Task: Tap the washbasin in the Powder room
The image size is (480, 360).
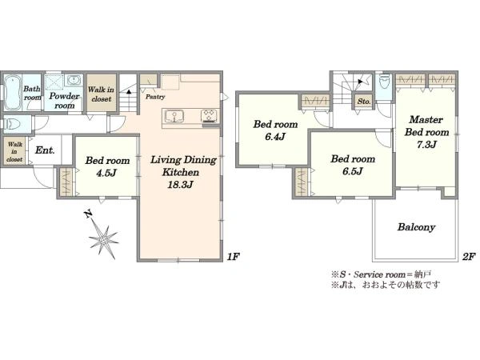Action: [x=74, y=81]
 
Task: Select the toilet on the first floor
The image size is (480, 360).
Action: [x=11, y=124]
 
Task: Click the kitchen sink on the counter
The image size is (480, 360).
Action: [x=174, y=117]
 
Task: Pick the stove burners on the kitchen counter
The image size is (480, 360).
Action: [x=210, y=116]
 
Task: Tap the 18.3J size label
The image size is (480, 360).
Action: [x=180, y=185]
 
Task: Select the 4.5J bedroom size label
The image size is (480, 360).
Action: [x=106, y=174]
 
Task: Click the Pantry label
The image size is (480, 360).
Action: [x=155, y=97]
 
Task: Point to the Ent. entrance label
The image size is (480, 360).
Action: [x=45, y=150]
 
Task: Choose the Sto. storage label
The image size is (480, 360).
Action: [x=364, y=102]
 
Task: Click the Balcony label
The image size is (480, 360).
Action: [x=416, y=227]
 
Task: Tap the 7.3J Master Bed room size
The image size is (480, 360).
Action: [x=426, y=145]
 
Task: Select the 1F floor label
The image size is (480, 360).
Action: [x=233, y=256]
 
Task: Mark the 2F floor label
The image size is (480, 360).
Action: [x=469, y=256]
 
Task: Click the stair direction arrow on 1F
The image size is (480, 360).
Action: [x=129, y=91]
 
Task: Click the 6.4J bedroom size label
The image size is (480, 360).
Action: [x=275, y=137]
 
